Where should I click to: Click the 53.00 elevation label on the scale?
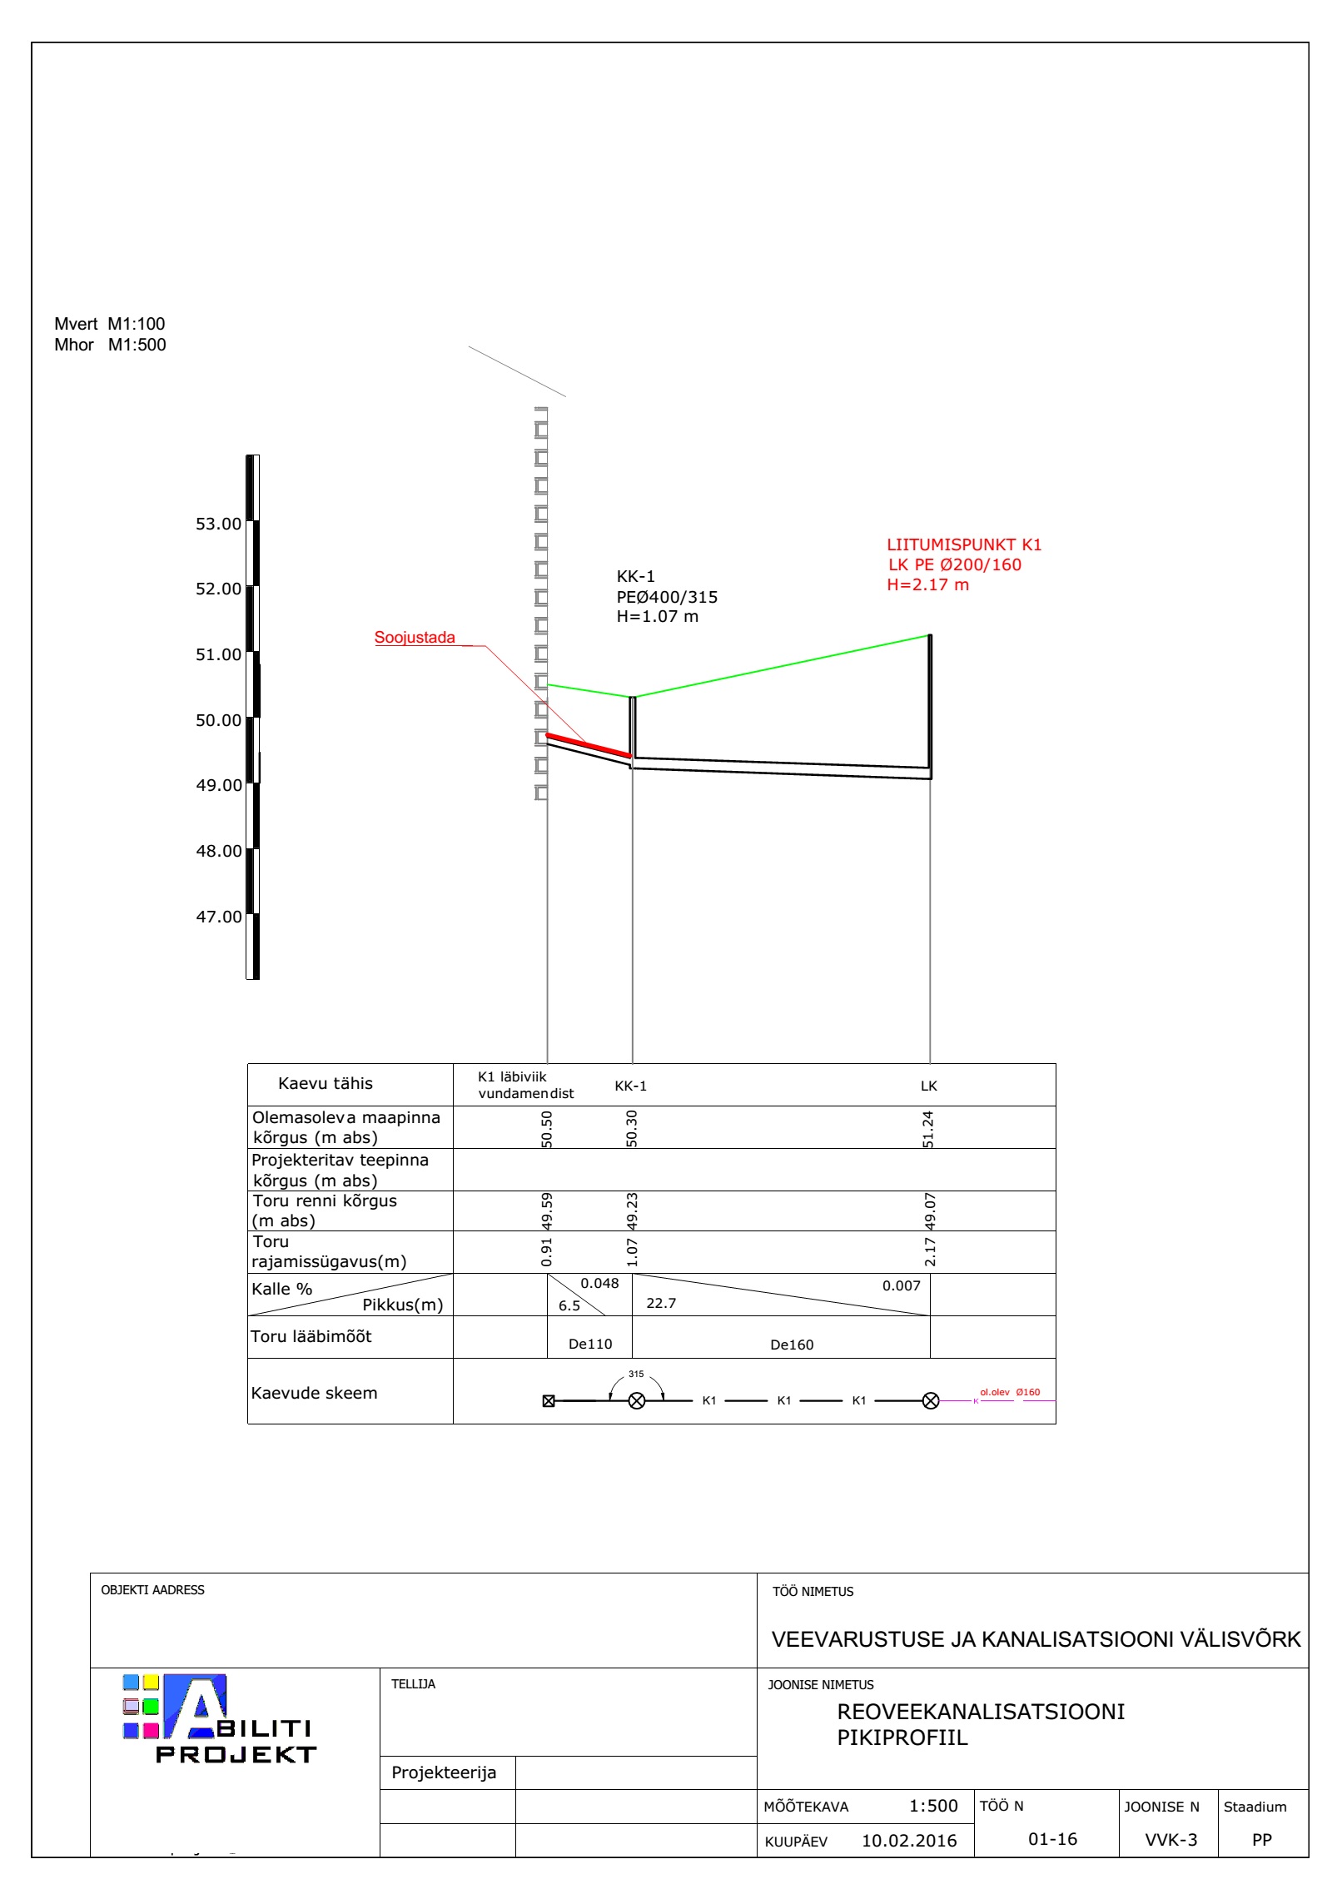click(x=218, y=524)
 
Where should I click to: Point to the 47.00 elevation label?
click(x=218, y=917)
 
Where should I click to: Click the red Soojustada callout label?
click(x=415, y=638)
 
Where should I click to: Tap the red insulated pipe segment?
click(x=588, y=745)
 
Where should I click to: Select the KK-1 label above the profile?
click(x=635, y=576)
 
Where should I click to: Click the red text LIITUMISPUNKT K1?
click(x=964, y=544)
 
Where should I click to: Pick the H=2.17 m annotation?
click(x=927, y=584)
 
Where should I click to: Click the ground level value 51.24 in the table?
click(x=929, y=1128)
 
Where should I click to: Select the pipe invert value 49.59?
click(x=547, y=1210)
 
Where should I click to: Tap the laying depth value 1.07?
click(x=632, y=1252)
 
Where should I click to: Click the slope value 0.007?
click(x=901, y=1285)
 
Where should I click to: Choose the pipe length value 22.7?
click(x=661, y=1303)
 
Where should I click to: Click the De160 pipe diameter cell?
click(x=791, y=1345)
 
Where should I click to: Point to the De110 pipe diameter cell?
click(x=589, y=1344)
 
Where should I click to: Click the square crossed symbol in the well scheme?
click(x=549, y=1400)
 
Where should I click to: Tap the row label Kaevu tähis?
click(x=325, y=1083)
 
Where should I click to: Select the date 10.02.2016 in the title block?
click(x=908, y=1840)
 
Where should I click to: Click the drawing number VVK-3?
click(x=1171, y=1840)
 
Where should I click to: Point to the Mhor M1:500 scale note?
click(x=110, y=345)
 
